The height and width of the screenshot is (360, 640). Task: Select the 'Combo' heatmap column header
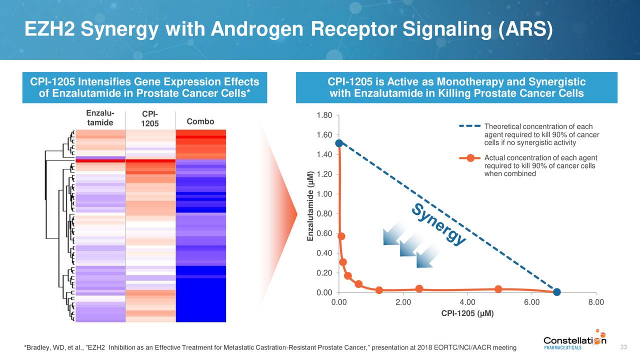click(200, 121)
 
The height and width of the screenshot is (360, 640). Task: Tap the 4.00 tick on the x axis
click(467, 302)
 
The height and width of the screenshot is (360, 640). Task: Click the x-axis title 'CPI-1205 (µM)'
click(467, 313)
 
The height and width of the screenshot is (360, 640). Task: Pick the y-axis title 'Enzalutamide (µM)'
click(310, 206)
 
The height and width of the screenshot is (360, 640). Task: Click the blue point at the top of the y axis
click(339, 143)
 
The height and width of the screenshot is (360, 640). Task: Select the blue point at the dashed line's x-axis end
click(557, 292)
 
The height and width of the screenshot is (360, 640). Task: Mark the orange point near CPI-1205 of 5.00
click(498, 289)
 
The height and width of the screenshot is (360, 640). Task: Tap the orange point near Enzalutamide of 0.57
click(341, 236)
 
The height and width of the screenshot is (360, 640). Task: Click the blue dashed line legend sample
click(470, 126)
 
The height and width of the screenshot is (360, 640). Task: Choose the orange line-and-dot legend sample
click(470, 158)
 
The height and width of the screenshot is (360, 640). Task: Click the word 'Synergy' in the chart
click(439, 225)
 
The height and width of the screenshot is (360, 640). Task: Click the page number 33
click(623, 347)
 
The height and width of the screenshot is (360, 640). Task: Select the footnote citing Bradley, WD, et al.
click(270, 347)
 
